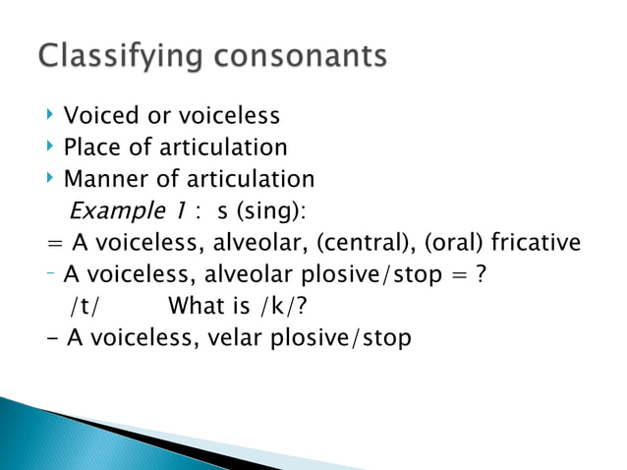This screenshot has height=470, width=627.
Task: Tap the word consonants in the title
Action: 295,56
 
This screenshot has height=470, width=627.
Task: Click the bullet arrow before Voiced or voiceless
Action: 50,116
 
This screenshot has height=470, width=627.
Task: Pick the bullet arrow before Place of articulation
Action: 50,147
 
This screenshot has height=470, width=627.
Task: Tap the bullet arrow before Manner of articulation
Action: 50,179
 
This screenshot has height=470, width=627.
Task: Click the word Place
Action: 91,147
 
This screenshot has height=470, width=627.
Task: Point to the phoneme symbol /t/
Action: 85,306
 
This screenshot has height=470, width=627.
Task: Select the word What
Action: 198,305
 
